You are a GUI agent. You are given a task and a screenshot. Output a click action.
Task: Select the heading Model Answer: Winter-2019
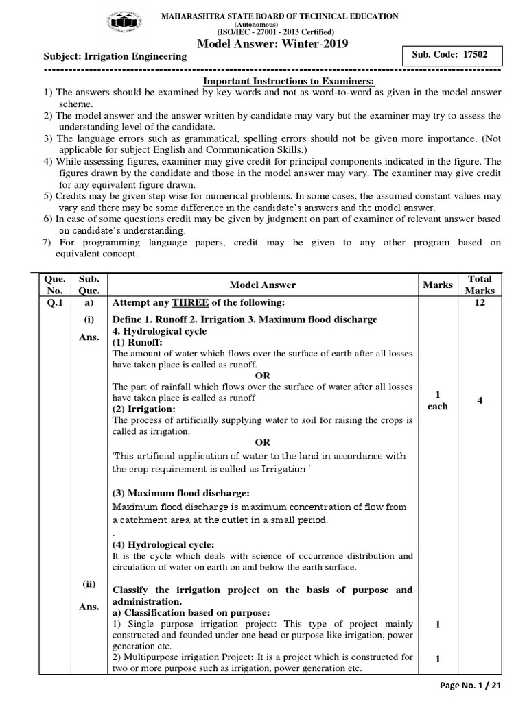pos(272,44)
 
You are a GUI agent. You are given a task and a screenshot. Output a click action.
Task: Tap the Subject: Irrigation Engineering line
pos(115,56)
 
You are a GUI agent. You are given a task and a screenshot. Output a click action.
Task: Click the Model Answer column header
pos(262,285)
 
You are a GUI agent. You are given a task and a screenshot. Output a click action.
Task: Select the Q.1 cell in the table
pos(54,303)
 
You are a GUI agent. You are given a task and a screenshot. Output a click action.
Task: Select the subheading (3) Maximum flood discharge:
pos(180,494)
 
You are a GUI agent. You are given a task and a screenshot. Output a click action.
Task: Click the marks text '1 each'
pos(437,400)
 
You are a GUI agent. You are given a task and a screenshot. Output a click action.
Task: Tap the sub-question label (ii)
pos(89,584)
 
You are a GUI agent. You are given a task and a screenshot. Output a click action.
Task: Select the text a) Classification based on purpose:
pos(191,612)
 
